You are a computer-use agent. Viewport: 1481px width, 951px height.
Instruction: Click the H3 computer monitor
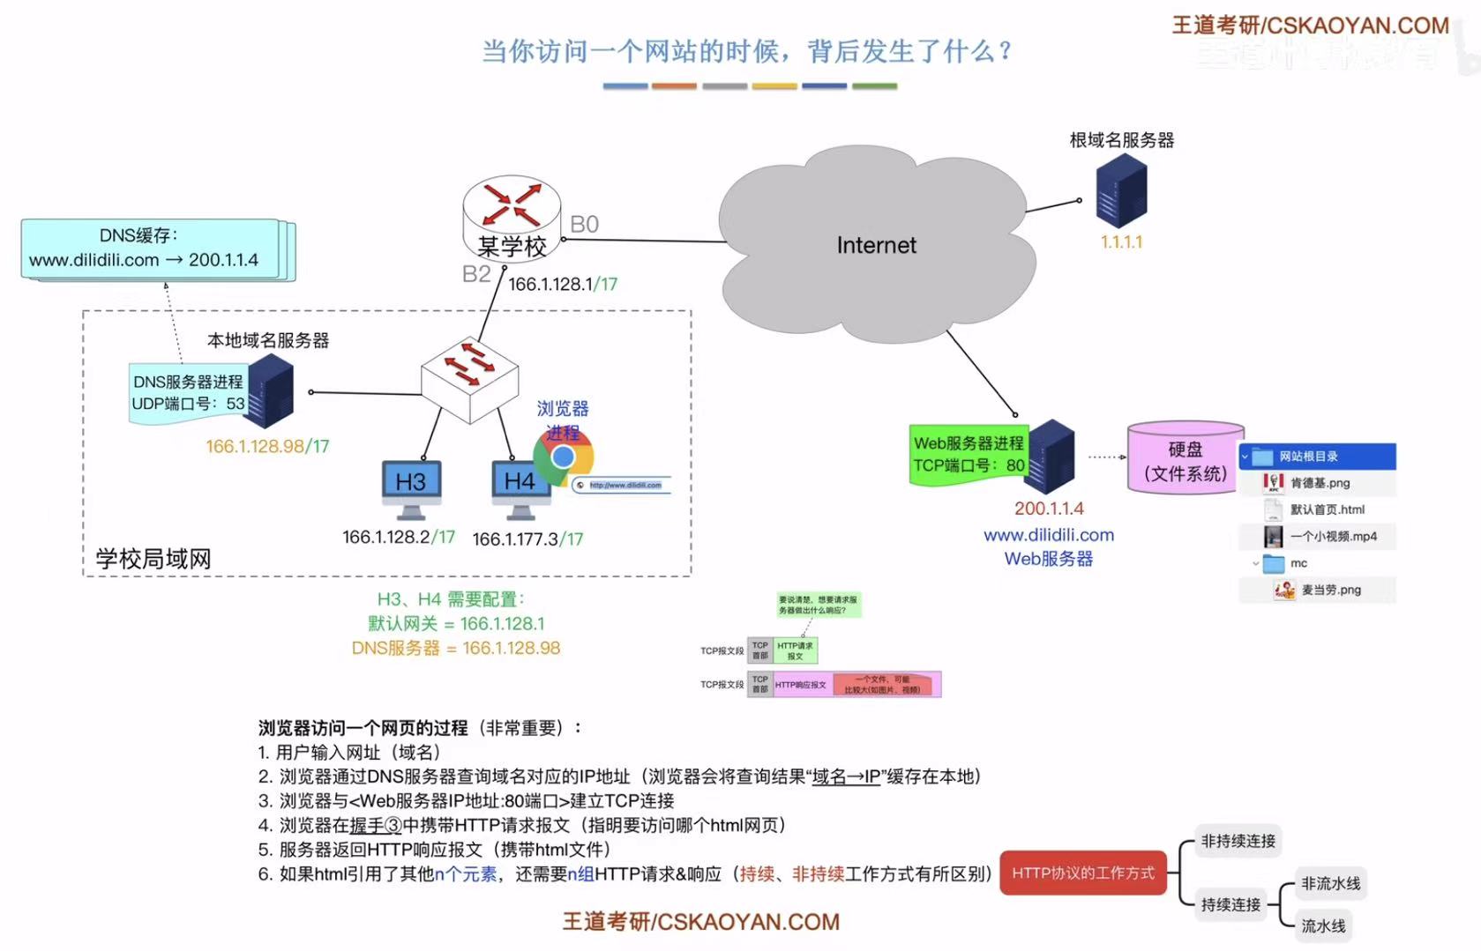[x=411, y=483]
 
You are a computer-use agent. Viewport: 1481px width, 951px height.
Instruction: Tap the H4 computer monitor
[x=520, y=482]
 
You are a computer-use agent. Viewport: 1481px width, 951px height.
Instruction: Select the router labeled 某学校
[x=512, y=217]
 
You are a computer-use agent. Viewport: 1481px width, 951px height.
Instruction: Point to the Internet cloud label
[x=876, y=245]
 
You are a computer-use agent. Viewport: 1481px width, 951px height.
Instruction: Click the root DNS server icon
[x=1121, y=190]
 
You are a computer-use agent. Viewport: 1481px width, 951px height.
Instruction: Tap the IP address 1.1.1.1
[x=1121, y=241]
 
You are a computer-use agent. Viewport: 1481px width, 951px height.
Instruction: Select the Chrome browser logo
[x=563, y=457]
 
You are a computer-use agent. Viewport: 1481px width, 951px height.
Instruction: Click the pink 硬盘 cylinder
[x=1186, y=458]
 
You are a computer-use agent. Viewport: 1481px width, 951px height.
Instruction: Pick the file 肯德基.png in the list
[x=1320, y=483]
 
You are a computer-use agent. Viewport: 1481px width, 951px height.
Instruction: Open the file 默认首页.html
[x=1327, y=509]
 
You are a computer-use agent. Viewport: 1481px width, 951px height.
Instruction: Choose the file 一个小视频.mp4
[x=1333, y=536]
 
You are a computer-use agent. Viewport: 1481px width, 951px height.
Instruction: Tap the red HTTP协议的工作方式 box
[x=1083, y=873]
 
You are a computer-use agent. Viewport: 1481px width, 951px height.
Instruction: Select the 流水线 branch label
[x=1323, y=925]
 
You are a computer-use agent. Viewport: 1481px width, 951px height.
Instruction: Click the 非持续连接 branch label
[x=1238, y=841]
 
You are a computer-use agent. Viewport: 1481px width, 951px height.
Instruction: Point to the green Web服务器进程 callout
[x=968, y=454]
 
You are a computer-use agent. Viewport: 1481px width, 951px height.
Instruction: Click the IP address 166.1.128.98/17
[x=267, y=447]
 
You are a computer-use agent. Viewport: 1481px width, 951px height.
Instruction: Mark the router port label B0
[x=584, y=225]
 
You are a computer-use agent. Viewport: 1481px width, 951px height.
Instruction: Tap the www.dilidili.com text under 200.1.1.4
[x=1049, y=535]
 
